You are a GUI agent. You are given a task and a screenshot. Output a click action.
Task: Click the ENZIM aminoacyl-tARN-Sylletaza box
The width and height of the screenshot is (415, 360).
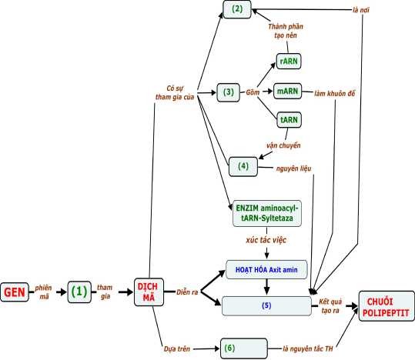[267, 215]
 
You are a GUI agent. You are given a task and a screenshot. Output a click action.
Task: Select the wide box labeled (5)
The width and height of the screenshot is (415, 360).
[266, 305]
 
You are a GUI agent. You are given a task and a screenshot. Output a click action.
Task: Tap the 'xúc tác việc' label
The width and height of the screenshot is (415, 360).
[266, 241]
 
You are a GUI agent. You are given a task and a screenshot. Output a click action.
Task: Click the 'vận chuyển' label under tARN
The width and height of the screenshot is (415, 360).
[283, 145]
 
